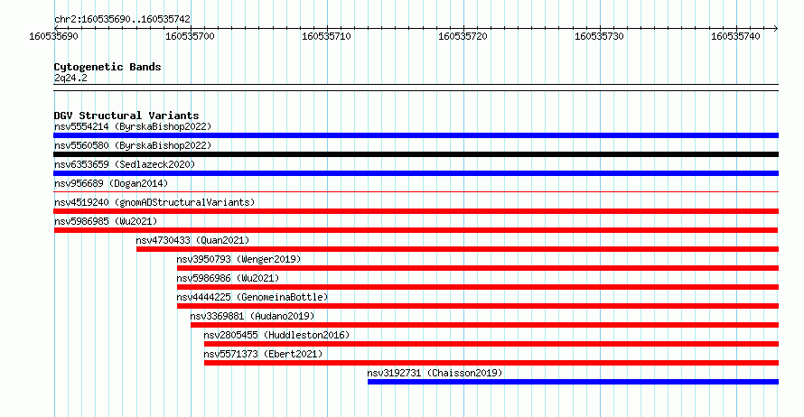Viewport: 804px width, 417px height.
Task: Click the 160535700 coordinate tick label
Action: click(x=190, y=36)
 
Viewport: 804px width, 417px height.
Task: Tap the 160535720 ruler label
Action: click(x=463, y=36)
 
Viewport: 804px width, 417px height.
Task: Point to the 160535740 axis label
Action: click(x=735, y=36)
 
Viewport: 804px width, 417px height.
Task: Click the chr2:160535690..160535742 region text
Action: click(x=122, y=20)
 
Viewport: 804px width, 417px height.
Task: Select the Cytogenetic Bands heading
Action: click(x=108, y=67)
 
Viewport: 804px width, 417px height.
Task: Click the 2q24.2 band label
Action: click(x=70, y=78)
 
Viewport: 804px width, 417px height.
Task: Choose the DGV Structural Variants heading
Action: click(x=126, y=116)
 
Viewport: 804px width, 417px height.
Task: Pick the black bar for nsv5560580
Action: click(x=416, y=154)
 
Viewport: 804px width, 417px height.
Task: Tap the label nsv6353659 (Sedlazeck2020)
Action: click(x=125, y=164)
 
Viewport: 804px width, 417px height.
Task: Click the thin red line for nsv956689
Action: click(x=416, y=192)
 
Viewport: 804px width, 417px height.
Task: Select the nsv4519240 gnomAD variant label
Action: click(x=154, y=202)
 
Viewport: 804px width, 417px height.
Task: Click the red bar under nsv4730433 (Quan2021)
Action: click(x=457, y=249)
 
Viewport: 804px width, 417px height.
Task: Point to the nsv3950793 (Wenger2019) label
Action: click(x=239, y=259)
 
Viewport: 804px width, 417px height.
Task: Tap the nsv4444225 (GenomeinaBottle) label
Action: click(x=252, y=297)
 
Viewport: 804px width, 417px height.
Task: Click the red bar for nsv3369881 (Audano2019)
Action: click(x=484, y=325)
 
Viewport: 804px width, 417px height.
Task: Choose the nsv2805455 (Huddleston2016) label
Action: click(x=276, y=335)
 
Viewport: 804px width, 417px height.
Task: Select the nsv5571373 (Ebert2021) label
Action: click(x=263, y=354)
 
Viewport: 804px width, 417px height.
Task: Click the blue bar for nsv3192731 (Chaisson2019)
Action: click(x=574, y=382)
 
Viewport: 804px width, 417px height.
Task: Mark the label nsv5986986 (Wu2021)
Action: click(x=229, y=278)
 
